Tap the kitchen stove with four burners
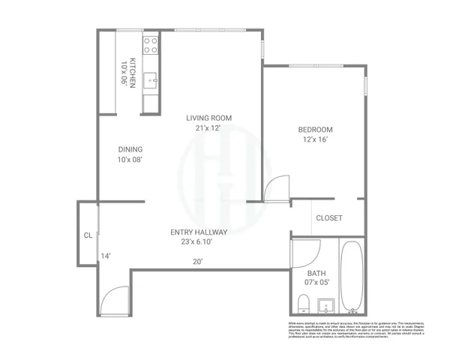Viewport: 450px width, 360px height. (x=151, y=44)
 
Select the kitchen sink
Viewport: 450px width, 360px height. (x=151, y=77)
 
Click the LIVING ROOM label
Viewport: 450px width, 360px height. (x=209, y=118)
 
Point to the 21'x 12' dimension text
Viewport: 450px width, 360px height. (x=209, y=128)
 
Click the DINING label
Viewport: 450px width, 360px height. (x=130, y=149)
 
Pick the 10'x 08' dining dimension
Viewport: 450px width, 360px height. (x=130, y=160)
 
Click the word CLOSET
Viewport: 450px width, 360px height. (x=329, y=218)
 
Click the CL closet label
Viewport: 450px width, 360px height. (x=88, y=235)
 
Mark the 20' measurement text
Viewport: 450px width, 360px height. (x=198, y=262)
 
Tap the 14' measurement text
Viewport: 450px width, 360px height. (x=106, y=256)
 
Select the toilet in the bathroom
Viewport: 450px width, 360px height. (x=303, y=304)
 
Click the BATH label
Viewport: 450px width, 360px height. (x=316, y=273)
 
